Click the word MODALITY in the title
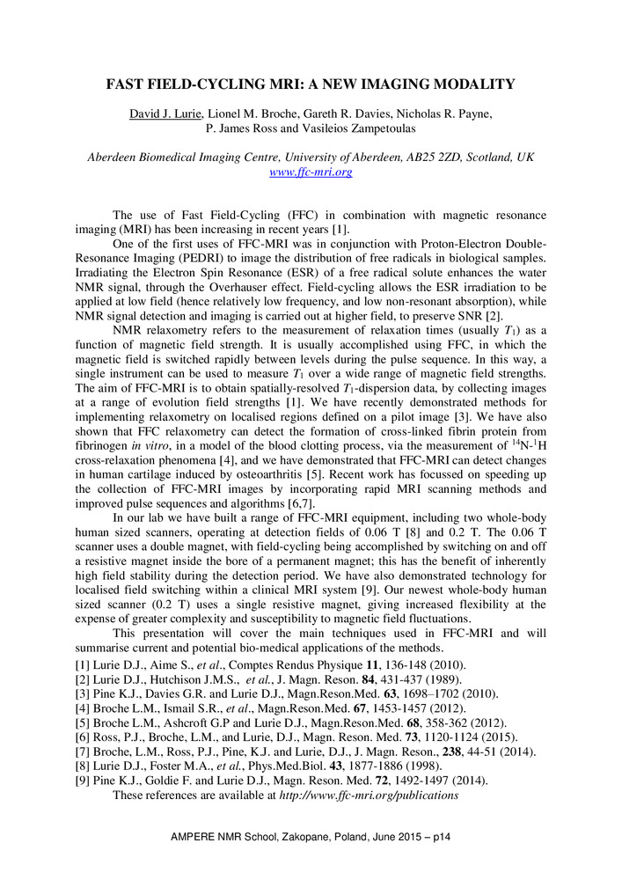(470, 84)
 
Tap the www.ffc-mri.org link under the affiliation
(311, 172)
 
